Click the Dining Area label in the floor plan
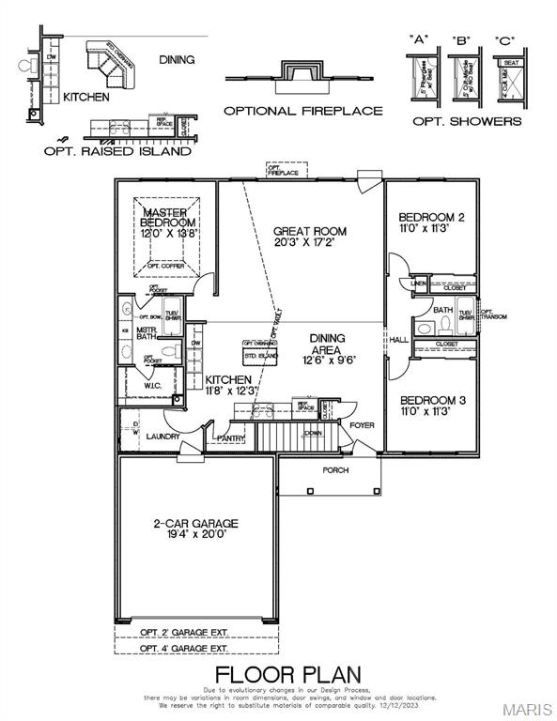pyautogui.click(x=327, y=344)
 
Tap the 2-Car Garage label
pyautogui.click(x=195, y=524)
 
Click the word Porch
pyautogui.click(x=335, y=470)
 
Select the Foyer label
pyautogui.click(x=362, y=425)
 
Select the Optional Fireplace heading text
pyautogui.click(x=302, y=111)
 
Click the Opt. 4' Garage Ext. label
pyautogui.click(x=184, y=649)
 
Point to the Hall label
pyautogui.click(x=399, y=341)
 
